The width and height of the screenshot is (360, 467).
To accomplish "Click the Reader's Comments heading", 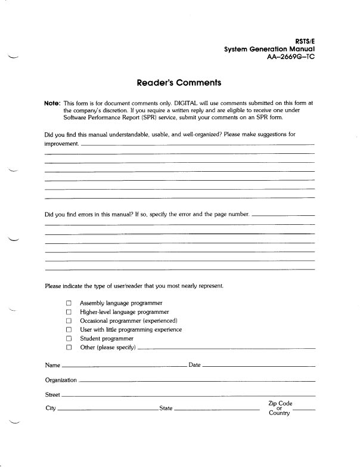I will tap(179, 83).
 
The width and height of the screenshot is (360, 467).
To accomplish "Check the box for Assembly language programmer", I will tap(69, 304).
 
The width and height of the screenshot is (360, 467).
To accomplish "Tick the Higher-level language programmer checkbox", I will tap(69, 312).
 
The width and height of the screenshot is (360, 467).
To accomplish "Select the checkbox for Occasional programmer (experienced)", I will tap(69, 321).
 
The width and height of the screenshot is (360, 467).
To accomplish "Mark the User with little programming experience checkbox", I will tap(69, 329).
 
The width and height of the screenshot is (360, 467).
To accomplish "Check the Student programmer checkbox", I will tap(69, 338).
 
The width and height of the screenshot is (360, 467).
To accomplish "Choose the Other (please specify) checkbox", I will tap(69, 347).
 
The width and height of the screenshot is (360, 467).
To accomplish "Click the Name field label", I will tap(53, 364).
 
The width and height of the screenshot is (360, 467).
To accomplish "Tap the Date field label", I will tap(194, 364).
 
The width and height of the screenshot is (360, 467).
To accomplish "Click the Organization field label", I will tap(61, 380).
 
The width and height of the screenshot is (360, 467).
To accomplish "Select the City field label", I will tap(51, 409).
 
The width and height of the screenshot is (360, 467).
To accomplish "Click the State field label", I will tap(166, 409).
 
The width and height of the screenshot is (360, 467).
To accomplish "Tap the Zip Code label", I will tap(280, 403).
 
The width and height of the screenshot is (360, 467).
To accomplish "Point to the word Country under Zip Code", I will tap(279, 414).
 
